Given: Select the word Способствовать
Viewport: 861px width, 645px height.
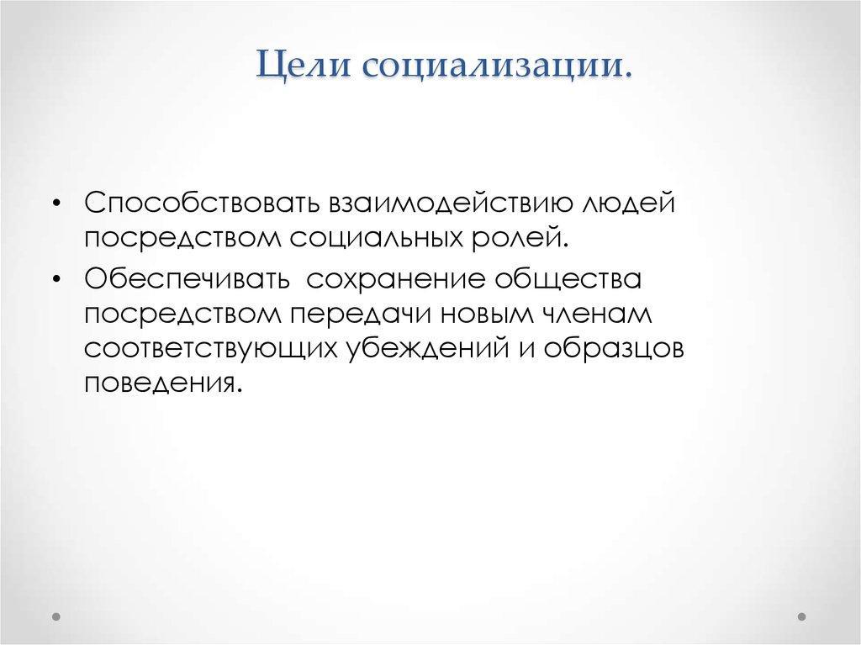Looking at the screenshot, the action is point(202,203).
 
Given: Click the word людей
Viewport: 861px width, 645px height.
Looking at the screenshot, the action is point(628,204).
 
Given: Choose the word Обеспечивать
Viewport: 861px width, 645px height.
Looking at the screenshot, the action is point(187,278).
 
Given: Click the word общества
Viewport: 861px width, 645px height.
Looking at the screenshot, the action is point(568,279).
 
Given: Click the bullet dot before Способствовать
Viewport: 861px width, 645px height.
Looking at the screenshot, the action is point(56,204).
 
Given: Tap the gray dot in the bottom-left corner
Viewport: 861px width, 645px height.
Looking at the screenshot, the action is point(56,617).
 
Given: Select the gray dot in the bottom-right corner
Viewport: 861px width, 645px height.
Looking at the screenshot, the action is point(801,617).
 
